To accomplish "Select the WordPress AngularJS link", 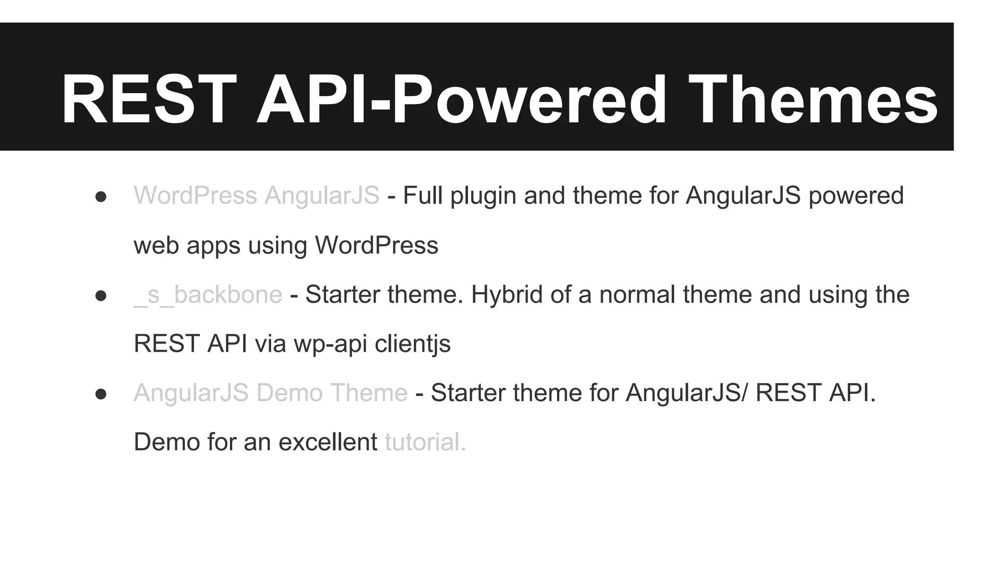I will click(256, 195).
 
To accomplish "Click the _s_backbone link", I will click(208, 294).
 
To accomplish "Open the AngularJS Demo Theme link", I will click(271, 392).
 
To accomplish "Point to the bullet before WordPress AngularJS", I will click(101, 197).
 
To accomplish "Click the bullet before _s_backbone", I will click(101, 296).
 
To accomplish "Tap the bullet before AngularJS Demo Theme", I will click(101, 394).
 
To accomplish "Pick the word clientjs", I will click(412, 343).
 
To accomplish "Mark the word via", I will click(270, 343).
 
